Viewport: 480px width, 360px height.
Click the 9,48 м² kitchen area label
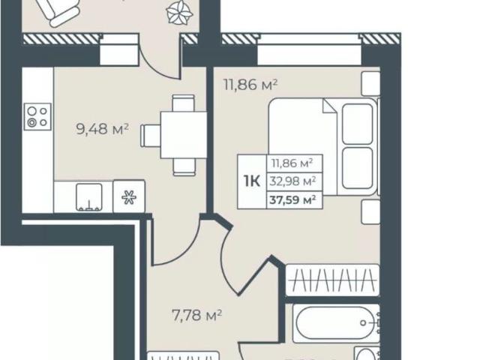(x=102, y=129)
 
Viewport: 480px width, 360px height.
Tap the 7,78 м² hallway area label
(x=196, y=315)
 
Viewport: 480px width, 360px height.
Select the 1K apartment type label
(x=252, y=181)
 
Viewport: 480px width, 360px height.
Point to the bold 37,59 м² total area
(x=292, y=200)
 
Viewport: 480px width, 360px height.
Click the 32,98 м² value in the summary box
(x=292, y=181)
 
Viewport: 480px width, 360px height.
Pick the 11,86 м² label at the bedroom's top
(x=250, y=85)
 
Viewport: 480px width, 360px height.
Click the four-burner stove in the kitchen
(x=37, y=117)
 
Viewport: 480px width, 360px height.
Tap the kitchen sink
(x=88, y=197)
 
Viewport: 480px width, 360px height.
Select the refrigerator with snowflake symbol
(x=129, y=196)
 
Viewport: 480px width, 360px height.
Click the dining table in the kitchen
(x=184, y=135)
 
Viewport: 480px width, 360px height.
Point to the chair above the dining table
(x=183, y=103)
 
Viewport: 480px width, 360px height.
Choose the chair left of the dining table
(x=151, y=135)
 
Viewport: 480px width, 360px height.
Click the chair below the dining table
(x=184, y=167)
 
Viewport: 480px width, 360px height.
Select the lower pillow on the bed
(x=358, y=168)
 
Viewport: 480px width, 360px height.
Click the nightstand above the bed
(x=370, y=83)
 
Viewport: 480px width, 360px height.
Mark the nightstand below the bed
(x=370, y=211)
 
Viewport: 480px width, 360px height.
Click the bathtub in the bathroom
(x=336, y=323)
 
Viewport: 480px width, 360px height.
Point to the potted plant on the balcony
(x=179, y=12)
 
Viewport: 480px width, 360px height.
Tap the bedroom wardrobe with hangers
(x=332, y=280)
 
